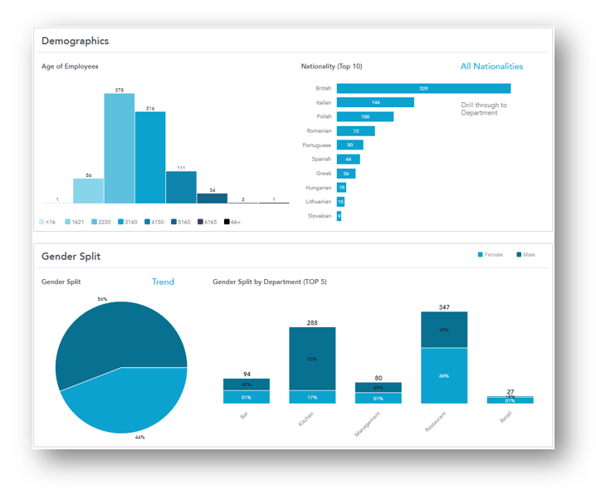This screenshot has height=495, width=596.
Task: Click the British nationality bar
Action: pyautogui.click(x=423, y=88)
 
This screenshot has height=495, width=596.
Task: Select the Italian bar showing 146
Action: pyautogui.click(x=375, y=102)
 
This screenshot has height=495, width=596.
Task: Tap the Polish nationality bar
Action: pyautogui.click(x=365, y=116)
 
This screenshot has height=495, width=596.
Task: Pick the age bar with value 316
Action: pyautogui.click(x=150, y=157)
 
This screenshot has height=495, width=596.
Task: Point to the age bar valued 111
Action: pyautogui.click(x=181, y=187)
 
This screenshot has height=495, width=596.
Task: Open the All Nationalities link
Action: pyautogui.click(x=491, y=66)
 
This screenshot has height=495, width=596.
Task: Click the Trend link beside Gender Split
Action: pyautogui.click(x=163, y=282)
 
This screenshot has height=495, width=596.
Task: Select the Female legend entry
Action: pyautogui.click(x=491, y=254)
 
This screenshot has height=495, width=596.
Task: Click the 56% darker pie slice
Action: pyautogui.click(x=116, y=332)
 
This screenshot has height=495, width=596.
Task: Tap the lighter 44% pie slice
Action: pyautogui.click(x=125, y=403)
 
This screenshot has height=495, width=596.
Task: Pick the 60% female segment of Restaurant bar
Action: pyautogui.click(x=444, y=375)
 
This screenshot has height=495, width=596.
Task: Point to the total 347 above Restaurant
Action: pyautogui.click(x=444, y=307)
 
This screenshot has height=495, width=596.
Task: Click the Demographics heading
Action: pyautogui.click(x=75, y=41)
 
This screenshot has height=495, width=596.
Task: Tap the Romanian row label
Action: pyautogui.click(x=319, y=130)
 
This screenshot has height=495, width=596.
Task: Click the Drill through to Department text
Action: pyautogui.click(x=484, y=109)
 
